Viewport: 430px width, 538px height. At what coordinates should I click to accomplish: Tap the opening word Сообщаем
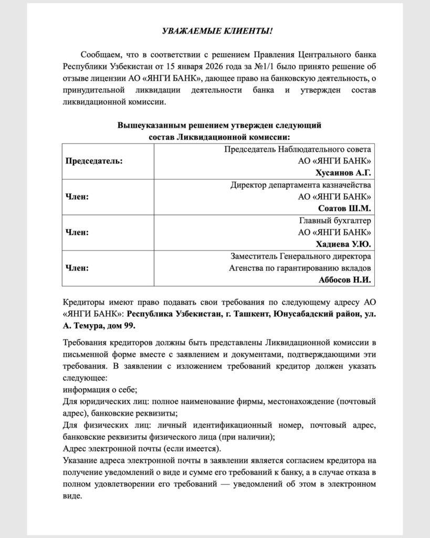(100, 55)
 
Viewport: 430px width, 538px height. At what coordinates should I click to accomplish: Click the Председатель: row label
(94, 161)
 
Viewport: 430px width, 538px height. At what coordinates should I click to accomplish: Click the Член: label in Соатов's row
(77, 196)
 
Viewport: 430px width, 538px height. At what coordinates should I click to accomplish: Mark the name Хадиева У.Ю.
(343, 244)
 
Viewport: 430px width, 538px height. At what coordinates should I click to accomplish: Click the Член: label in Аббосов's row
(77, 268)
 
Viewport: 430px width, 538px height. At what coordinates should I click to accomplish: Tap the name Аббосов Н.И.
(345, 280)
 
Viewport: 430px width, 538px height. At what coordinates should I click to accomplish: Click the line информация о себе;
(100, 389)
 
